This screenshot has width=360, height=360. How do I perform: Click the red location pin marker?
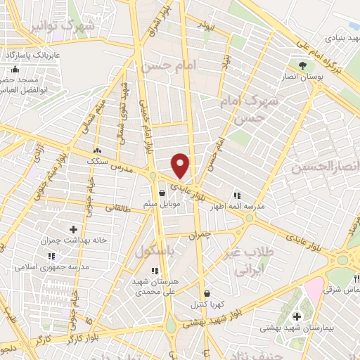coord(181,166)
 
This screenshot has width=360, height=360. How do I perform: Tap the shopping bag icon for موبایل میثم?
coord(162,192)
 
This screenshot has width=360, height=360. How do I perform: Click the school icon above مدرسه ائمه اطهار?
coord(236,195)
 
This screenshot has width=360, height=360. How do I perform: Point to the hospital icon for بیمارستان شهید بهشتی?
coord(297,315)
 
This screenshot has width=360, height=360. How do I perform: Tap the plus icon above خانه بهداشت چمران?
coord(73,229)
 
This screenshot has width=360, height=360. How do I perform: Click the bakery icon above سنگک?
coord(97,150)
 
